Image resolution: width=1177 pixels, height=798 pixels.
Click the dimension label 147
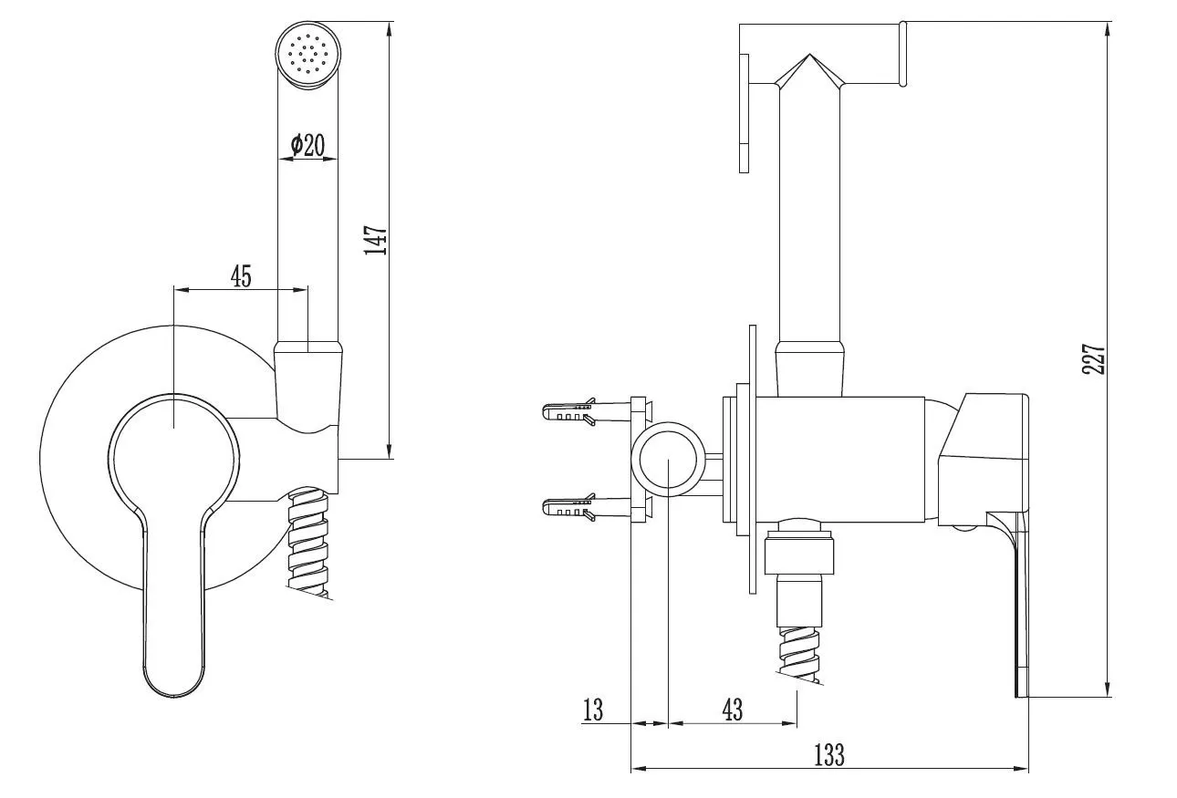click(376, 240)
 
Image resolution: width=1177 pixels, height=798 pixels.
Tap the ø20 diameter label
click(307, 146)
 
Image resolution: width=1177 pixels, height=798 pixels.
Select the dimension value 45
click(241, 276)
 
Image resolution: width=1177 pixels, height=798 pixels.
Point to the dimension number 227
click(1094, 358)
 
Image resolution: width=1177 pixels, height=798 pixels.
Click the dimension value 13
click(593, 710)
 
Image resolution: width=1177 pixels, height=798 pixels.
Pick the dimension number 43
click(733, 710)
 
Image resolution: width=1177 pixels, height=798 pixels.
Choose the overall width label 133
click(829, 755)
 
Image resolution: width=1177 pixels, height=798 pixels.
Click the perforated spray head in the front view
click(307, 54)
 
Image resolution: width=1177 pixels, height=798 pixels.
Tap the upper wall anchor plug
click(586, 411)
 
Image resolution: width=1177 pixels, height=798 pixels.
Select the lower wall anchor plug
click(586, 507)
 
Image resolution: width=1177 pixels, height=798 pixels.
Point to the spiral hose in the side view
click(798, 654)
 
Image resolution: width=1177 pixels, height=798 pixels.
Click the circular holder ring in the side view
click(641, 459)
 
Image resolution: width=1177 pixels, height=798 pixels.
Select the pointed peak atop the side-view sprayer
click(809, 54)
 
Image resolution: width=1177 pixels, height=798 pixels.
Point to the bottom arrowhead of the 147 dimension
click(389, 451)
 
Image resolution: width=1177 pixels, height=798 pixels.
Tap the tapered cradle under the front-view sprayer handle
click(309, 389)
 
